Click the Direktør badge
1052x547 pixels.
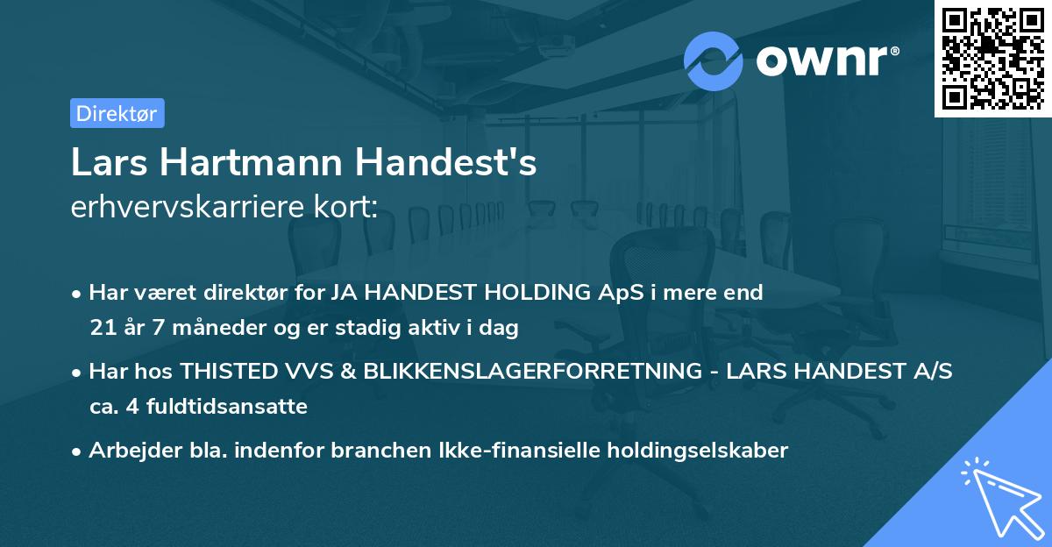117,113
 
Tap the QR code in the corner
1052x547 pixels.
993,58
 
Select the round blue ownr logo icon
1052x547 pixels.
714,60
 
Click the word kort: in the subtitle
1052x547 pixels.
346,207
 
